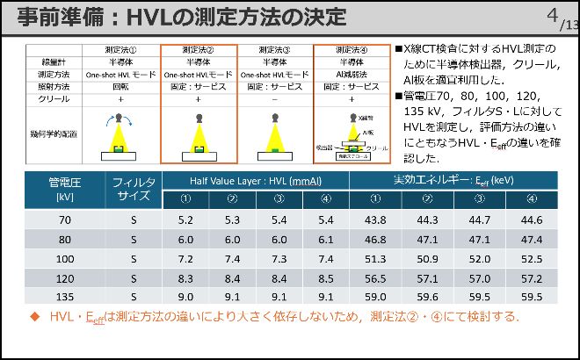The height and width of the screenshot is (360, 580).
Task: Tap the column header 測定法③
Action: click(x=275, y=51)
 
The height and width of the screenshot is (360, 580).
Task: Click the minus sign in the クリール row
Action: click(x=275, y=100)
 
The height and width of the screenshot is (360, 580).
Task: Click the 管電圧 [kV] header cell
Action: click(x=65, y=189)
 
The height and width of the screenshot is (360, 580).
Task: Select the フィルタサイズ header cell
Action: click(x=134, y=189)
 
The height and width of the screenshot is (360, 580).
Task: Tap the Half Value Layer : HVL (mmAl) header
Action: click(x=255, y=180)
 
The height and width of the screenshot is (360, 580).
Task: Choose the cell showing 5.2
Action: click(x=185, y=220)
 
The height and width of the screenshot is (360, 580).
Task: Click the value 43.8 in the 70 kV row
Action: click(x=375, y=220)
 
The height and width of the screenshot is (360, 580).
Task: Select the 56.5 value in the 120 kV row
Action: click(x=375, y=278)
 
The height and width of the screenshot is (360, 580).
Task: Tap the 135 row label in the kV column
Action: click(x=65, y=298)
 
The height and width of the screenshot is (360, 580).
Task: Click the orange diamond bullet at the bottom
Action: click(x=36, y=317)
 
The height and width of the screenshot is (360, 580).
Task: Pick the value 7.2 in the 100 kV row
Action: click(x=185, y=259)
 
